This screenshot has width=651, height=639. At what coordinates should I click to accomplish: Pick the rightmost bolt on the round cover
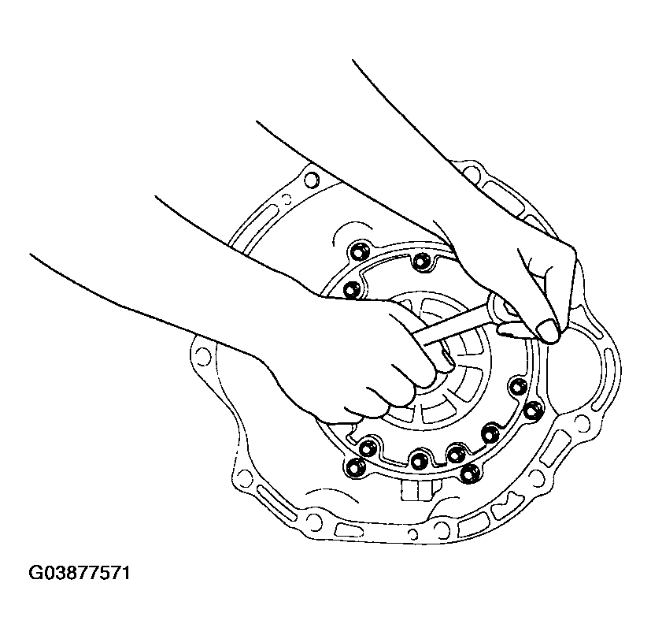[533, 410]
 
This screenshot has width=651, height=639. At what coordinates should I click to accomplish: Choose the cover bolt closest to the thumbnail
[517, 386]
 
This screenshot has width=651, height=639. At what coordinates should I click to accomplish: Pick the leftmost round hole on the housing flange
[202, 356]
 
